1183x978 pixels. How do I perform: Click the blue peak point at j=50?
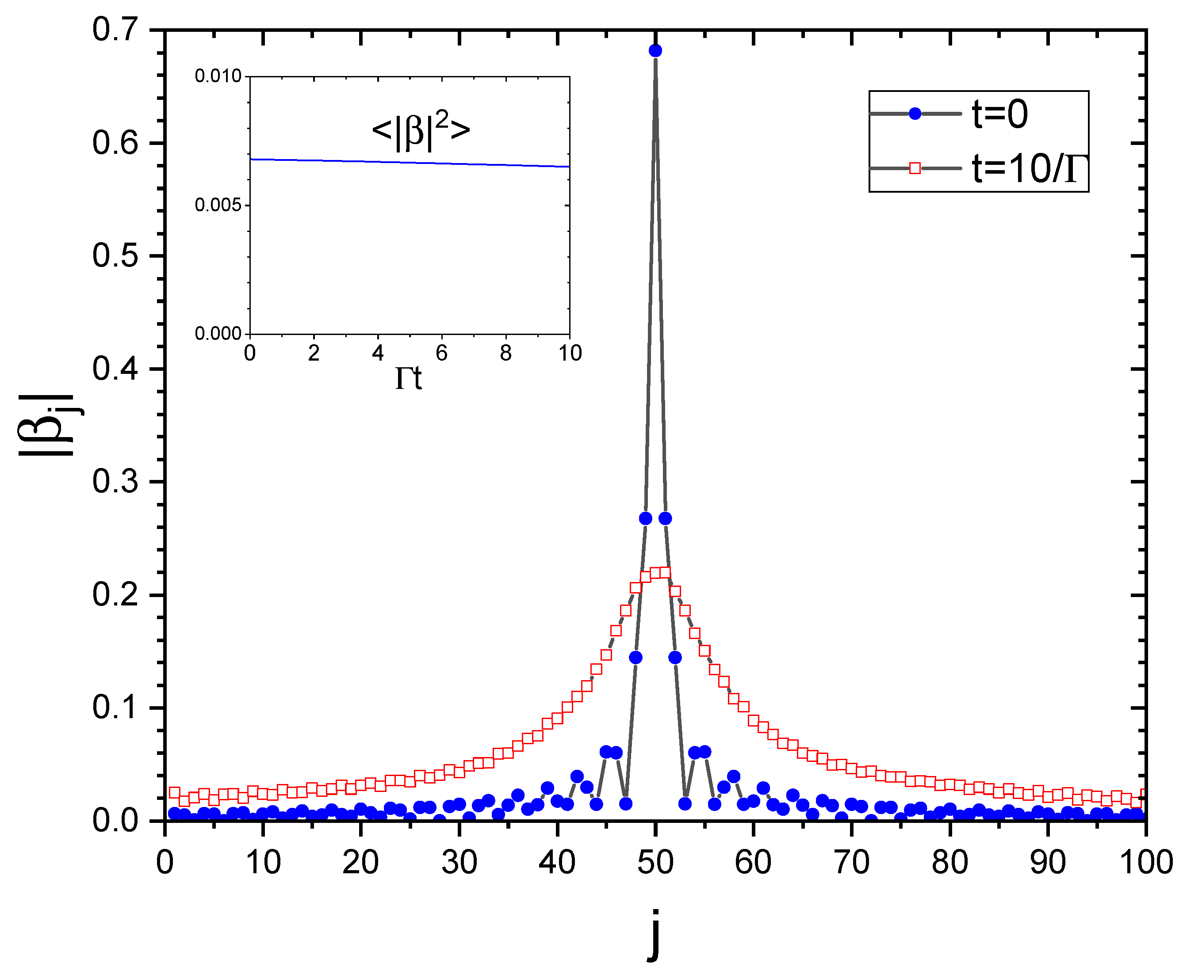[655, 51]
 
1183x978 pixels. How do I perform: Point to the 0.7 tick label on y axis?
[115, 29]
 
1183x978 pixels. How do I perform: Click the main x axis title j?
[654, 935]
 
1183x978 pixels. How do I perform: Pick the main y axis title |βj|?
[48, 425]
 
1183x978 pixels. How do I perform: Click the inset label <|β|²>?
[421, 131]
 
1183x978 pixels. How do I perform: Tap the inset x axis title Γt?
[409, 378]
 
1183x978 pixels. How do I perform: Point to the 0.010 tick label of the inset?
[218, 76]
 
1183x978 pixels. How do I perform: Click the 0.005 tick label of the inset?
[218, 205]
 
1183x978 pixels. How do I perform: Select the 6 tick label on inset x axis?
[442, 354]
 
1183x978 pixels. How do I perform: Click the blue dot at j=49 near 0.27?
[646, 518]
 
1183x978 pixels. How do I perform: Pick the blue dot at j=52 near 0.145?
[675, 657]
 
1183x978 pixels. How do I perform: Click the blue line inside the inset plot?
[410, 163]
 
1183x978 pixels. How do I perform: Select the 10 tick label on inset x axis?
[570, 354]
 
